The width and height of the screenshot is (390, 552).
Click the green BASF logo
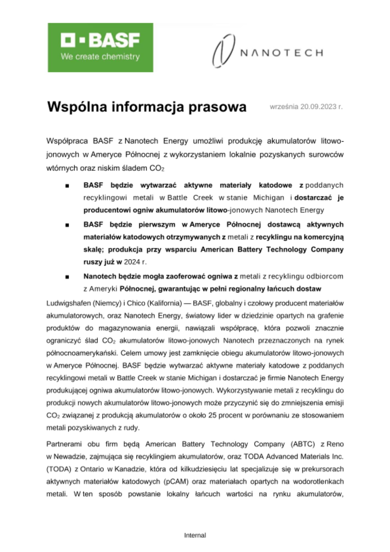click(100, 47)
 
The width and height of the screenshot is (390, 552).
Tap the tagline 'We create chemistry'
click(100, 57)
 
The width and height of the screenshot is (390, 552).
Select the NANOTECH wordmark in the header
click(282, 52)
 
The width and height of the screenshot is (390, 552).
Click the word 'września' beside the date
click(284, 107)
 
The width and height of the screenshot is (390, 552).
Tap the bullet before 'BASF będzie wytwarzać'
click(67, 186)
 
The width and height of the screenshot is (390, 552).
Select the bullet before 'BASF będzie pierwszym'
click(67, 225)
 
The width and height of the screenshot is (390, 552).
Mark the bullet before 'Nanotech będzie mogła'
click(67, 277)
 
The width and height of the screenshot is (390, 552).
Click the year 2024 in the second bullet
click(132, 262)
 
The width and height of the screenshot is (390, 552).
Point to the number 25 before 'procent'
click(212, 415)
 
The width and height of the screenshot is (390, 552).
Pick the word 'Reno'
click(336, 444)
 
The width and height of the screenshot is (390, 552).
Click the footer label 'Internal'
click(195, 535)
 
